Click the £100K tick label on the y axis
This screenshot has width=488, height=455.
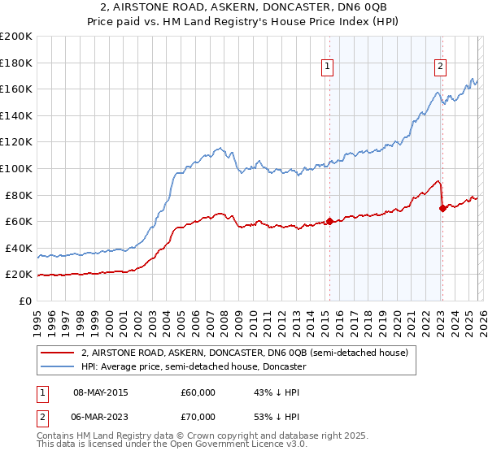tap(16, 168)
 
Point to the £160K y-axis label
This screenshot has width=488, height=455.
tap(16, 89)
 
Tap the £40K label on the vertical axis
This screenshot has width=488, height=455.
tap(19, 248)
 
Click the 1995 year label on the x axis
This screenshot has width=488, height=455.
tap(37, 316)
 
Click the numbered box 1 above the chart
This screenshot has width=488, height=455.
tap(327, 67)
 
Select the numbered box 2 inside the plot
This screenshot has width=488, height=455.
tap(440, 67)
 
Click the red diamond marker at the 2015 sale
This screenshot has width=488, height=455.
tap(329, 221)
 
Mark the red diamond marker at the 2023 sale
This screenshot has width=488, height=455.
tap(442, 208)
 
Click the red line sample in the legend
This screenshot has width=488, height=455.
tap(59, 353)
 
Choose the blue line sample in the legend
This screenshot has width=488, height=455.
tap(59, 366)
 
